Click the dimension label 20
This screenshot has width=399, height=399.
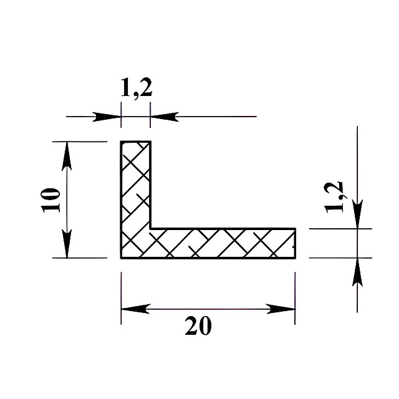coord(198,325)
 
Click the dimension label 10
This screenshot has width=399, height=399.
coord(50,200)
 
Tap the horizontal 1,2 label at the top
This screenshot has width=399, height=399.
coord(137,88)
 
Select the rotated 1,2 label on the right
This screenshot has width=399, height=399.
coord(334,198)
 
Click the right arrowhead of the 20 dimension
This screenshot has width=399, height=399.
coord(281,309)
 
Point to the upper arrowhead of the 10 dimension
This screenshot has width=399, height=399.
coord(67,156)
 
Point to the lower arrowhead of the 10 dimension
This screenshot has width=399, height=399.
coord(67,244)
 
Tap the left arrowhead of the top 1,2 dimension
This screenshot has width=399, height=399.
coord(107,117)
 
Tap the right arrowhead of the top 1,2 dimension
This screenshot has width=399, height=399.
coord(165,117)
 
